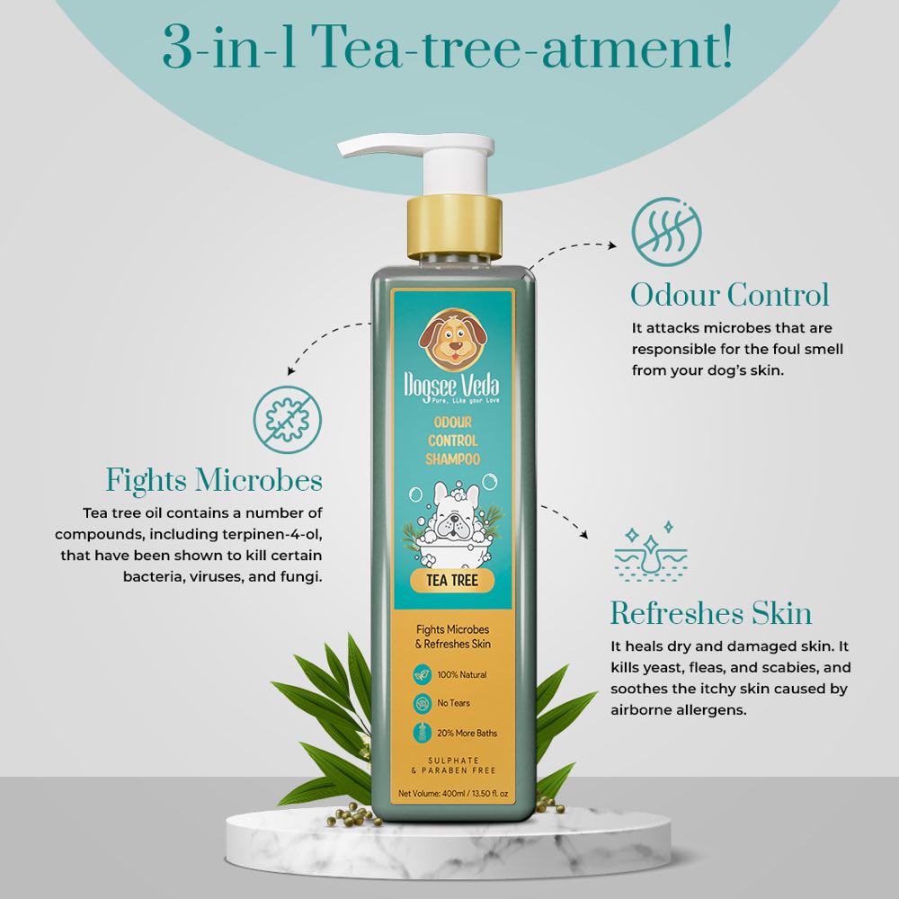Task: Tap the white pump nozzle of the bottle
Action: tap(387, 150)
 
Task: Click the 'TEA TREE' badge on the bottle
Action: tap(453, 581)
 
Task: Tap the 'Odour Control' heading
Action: tap(729, 295)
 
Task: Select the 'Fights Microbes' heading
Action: tap(214, 480)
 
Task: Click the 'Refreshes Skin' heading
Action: tap(711, 614)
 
